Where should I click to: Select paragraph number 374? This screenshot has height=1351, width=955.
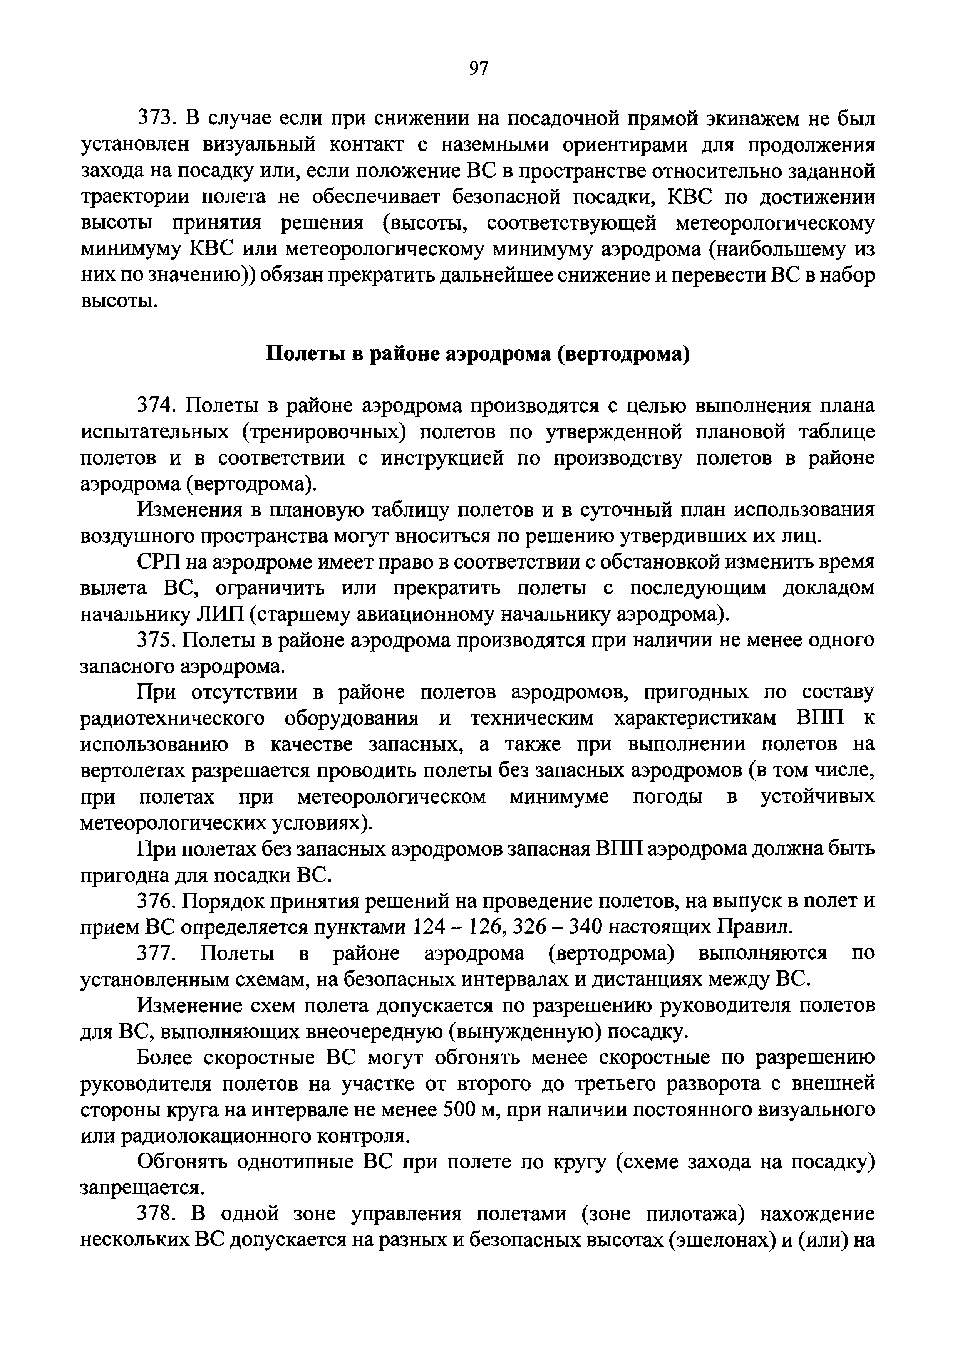coord(156,406)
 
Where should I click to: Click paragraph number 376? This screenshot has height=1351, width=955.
coord(156,901)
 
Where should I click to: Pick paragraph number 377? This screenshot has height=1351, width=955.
coord(156,953)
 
